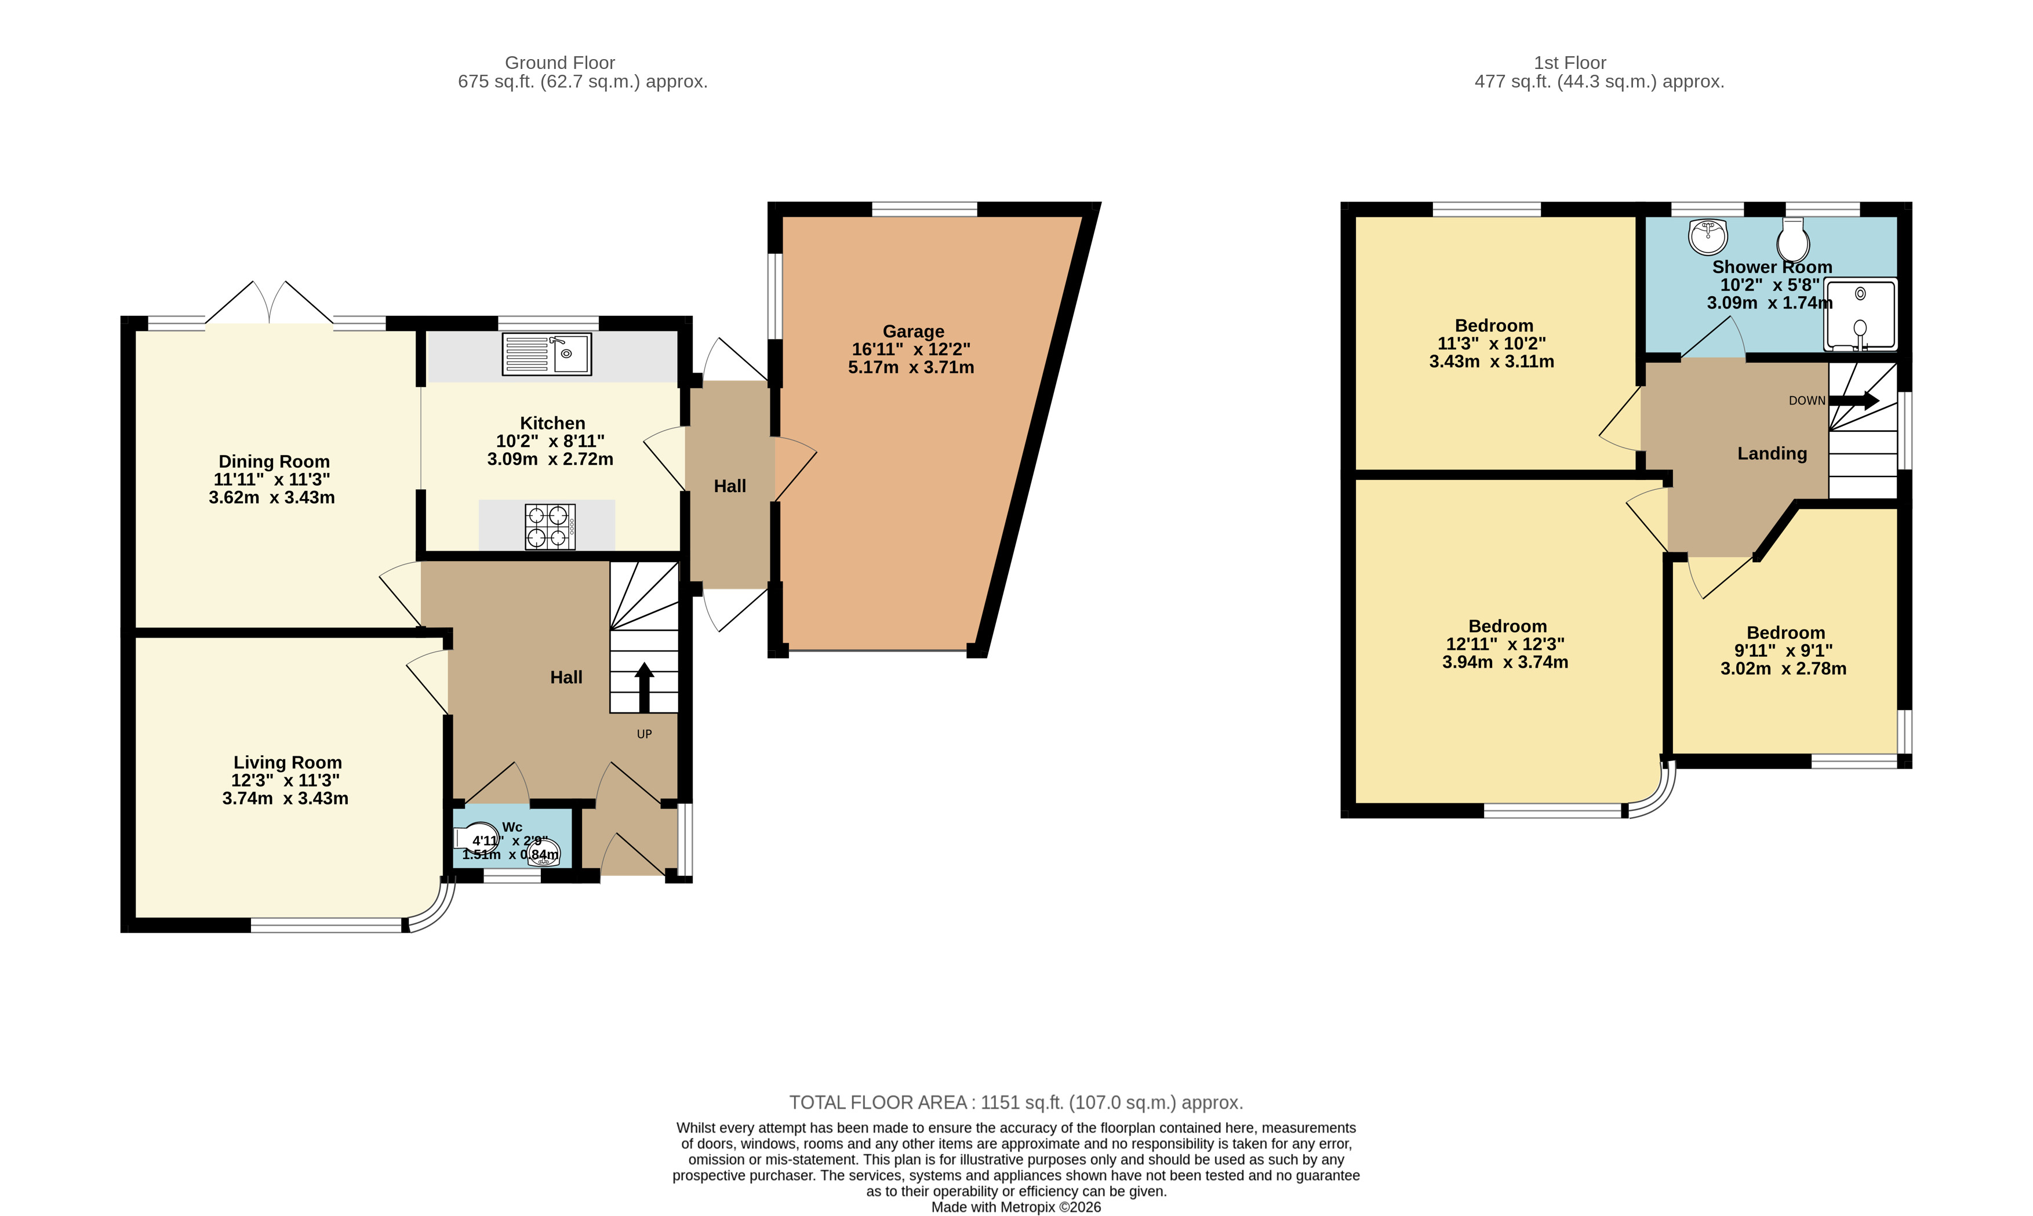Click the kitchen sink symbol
point(547,354)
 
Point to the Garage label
point(913,331)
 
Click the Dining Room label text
point(274,461)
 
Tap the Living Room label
point(288,762)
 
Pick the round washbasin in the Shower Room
point(1708,237)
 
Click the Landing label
point(1772,453)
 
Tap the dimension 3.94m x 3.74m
point(1504,662)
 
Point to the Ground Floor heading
point(559,62)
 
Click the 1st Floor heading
point(1569,62)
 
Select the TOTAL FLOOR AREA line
point(1015,1102)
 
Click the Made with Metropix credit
point(1015,1207)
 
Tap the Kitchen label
point(552,423)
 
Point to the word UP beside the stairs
point(644,734)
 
